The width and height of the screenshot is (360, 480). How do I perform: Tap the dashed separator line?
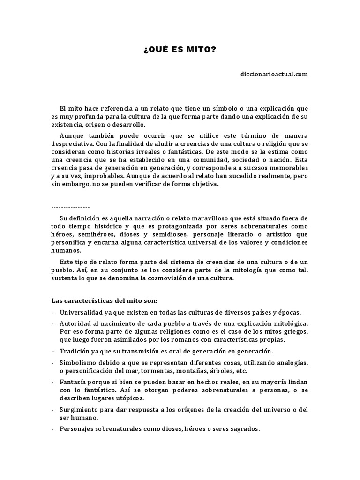pyautogui.click(x=70, y=207)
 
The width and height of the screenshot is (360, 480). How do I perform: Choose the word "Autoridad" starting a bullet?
pyautogui.click(x=75, y=324)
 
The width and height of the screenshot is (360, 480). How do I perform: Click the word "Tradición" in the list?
pyautogui.click(x=75, y=351)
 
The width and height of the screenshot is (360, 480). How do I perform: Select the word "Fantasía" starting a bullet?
pyautogui.click(x=74, y=382)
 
